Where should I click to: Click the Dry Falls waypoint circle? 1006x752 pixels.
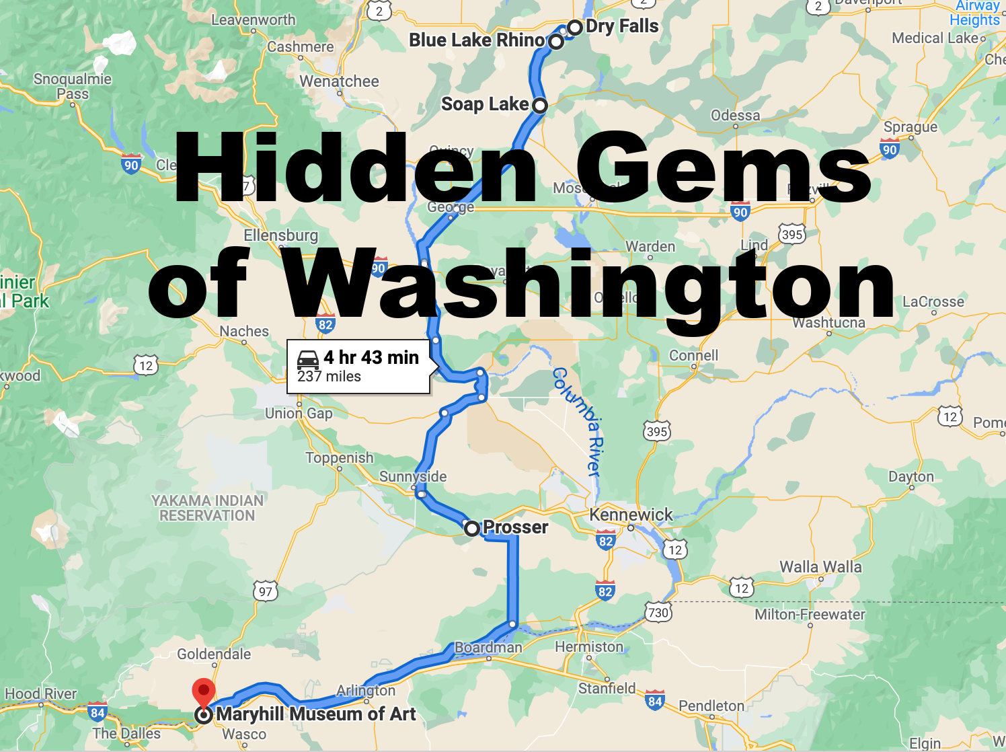pyautogui.click(x=574, y=28)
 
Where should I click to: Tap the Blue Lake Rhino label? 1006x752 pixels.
pyautogui.click(x=476, y=40)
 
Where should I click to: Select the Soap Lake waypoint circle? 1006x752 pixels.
pyautogui.click(x=539, y=106)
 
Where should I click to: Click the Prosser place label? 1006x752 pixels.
pyautogui.click(x=515, y=527)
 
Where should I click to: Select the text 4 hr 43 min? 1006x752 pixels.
pyautogui.click(x=371, y=358)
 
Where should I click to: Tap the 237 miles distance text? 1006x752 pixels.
pyautogui.click(x=329, y=377)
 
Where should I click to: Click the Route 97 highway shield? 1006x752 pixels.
pyautogui.click(x=266, y=592)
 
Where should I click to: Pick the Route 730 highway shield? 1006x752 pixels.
pyautogui.click(x=658, y=613)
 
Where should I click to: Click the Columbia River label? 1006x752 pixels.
pyautogui.click(x=578, y=422)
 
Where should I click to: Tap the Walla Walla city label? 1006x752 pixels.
pyautogui.click(x=820, y=567)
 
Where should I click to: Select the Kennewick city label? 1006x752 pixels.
pyautogui.click(x=631, y=515)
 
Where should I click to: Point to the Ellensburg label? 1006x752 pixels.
pyautogui.click(x=281, y=235)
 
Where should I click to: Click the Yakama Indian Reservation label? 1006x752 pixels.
pyautogui.click(x=207, y=509)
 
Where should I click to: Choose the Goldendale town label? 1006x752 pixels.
pyautogui.click(x=214, y=654)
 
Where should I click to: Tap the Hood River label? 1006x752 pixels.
pyautogui.click(x=41, y=693)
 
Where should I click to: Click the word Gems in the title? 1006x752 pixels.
pyautogui.click(x=724, y=167)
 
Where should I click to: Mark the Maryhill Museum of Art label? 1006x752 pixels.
pyautogui.click(x=316, y=714)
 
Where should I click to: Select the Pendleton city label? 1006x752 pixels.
pyautogui.click(x=711, y=706)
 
